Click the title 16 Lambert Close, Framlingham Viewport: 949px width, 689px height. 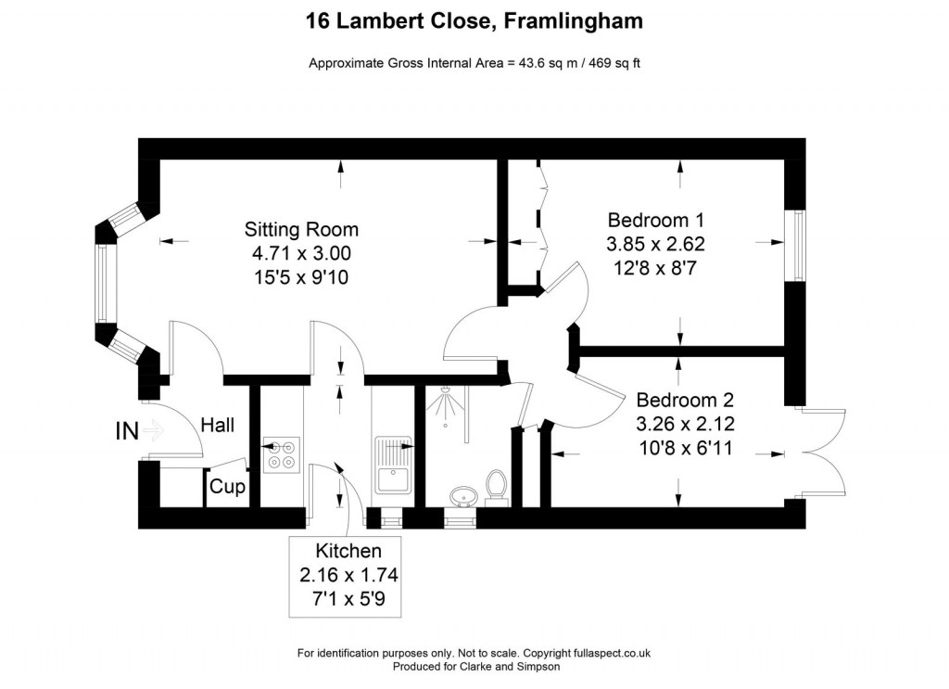click(x=474, y=20)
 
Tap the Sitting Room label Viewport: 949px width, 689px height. click(x=301, y=229)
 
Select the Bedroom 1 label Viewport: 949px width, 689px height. click(x=656, y=221)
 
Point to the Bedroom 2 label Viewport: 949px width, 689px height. click(x=685, y=401)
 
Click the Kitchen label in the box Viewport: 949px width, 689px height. click(x=348, y=551)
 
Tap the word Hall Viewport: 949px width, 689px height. click(x=217, y=426)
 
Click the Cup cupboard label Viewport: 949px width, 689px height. click(x=227, y=487)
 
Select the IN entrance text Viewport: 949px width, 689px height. click(x=128, y=431)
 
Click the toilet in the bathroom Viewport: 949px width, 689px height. click(x=497, y=488)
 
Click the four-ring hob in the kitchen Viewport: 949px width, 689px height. click(x=279, y=454)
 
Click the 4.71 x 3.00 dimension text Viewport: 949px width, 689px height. click(x=301, y=252)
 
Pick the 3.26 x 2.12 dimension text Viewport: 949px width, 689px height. click(x=685, y=425)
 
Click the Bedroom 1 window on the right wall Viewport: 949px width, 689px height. click(x=795, y=244)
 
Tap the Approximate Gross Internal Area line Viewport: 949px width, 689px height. click(x=474, y=63)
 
